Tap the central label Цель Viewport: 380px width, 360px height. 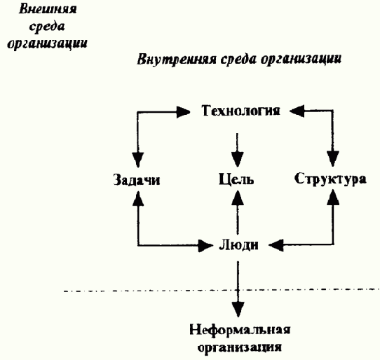237,179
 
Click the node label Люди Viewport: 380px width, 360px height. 238,245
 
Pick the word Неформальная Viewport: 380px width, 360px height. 239,329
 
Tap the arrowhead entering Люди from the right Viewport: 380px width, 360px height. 276,245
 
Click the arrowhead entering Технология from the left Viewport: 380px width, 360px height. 187,111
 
